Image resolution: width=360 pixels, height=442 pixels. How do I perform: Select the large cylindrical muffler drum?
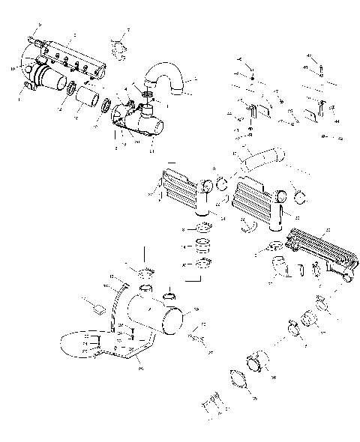click(x=154, y=315)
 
